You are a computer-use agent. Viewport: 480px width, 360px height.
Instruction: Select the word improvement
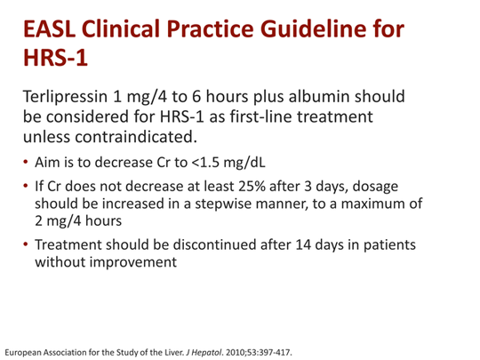tap(137, 263)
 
